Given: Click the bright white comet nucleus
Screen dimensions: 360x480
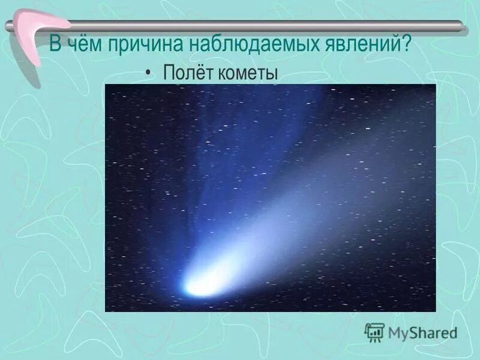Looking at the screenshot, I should (198, 287).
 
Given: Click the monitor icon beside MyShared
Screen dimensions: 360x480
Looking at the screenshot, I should (374, 332).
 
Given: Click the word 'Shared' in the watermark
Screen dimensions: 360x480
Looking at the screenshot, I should (433, 332).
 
